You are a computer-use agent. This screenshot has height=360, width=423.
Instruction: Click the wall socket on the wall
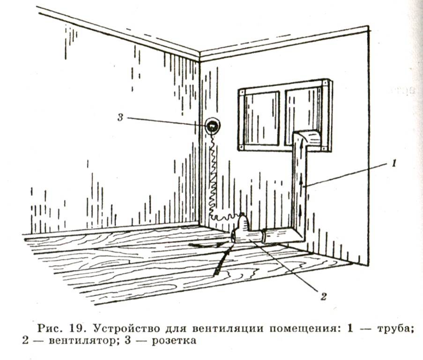pyautogui.click(x=212, y=126)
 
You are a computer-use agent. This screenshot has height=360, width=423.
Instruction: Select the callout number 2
pyautogui.click(x=322, y=296)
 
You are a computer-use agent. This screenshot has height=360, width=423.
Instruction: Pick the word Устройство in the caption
pyautogui.click(x=115, y=328)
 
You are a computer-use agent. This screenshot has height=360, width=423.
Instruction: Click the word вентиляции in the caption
pyautogui.click(x=217, y=328)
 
